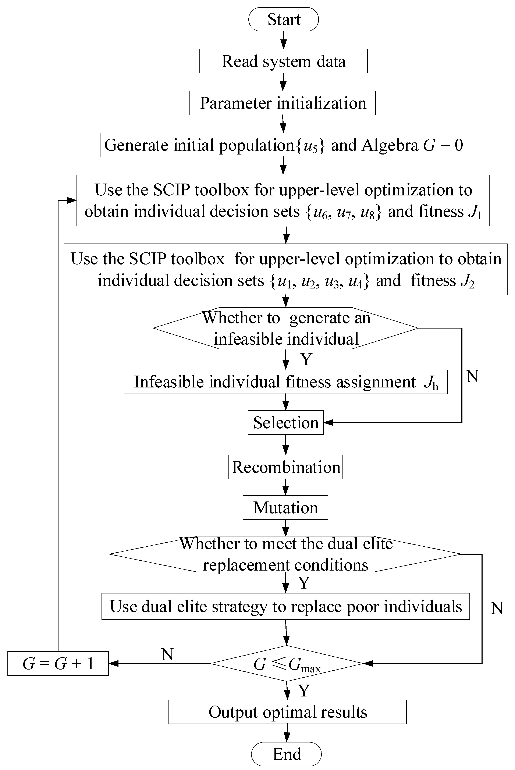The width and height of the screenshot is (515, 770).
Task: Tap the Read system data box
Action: (x=283, y=61)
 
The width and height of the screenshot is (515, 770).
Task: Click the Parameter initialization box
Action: (x=283, y=103)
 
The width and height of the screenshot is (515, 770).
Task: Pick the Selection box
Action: (x=285, y=423)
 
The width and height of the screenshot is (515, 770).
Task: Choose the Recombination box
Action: (x=285, y=467)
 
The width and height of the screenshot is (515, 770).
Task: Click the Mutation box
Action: (x=285, y=508)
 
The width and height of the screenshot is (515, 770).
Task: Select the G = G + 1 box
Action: (x=58, y=664)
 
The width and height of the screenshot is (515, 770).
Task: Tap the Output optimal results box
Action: (x=287, y=712)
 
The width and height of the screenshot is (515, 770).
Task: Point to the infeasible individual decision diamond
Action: (x=285, y=328)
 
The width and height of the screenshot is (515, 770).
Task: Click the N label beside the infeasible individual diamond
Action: (x=472, y=376)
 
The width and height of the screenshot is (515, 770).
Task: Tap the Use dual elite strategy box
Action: (x=285, y=606)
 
